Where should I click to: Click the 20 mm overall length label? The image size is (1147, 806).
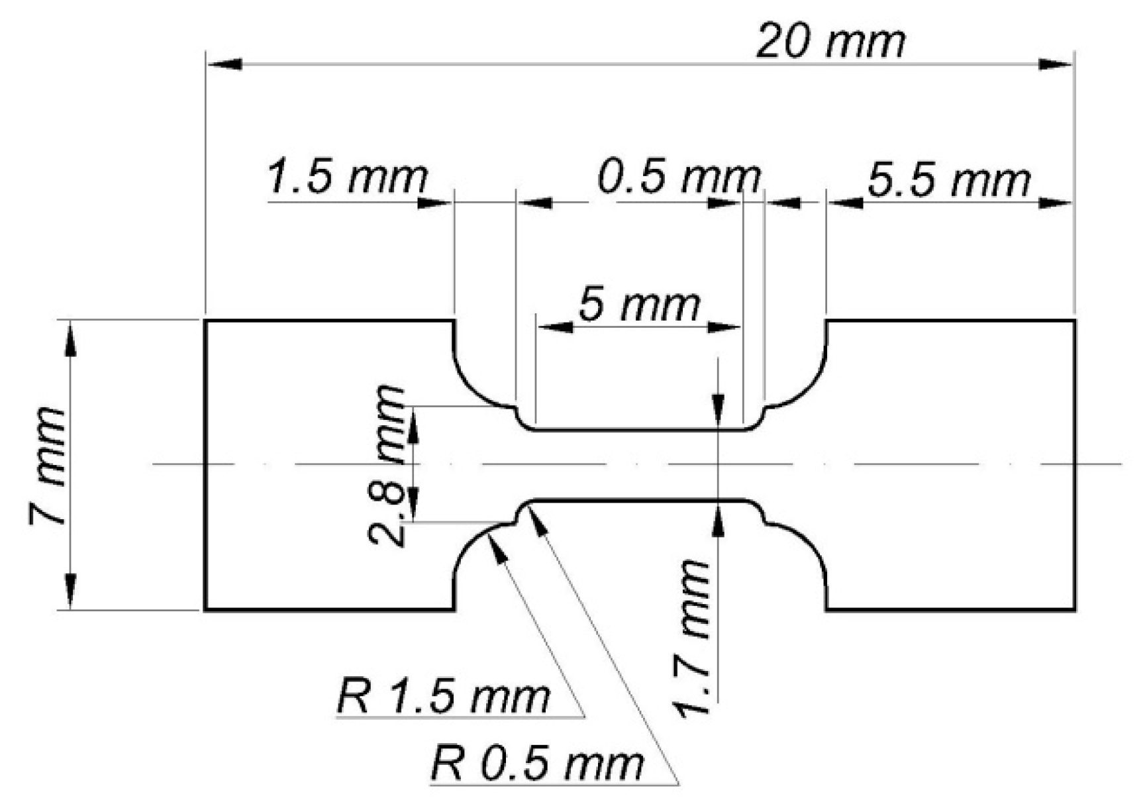(x=830, y=41)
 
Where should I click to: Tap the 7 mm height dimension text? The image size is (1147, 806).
(x=48, y=466)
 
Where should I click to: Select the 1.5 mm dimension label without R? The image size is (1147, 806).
(x=347, y=177)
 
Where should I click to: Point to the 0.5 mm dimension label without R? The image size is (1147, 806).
(x=679, y=177)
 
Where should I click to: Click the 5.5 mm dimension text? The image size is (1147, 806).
(x=948, y=180)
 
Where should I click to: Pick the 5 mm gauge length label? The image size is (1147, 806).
(x=639, y=305)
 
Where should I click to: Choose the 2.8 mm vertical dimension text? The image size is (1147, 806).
(x=387, y=466)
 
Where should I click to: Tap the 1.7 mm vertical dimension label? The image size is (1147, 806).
(x=693, y=638)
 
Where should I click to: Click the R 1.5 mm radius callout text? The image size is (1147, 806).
(x=443, y=696)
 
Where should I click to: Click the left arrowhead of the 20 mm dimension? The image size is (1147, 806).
(x=224, y=64)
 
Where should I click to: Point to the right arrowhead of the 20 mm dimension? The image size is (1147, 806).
(x=1056, y=64)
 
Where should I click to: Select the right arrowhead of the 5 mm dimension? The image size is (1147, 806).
(x=723, y=327)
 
